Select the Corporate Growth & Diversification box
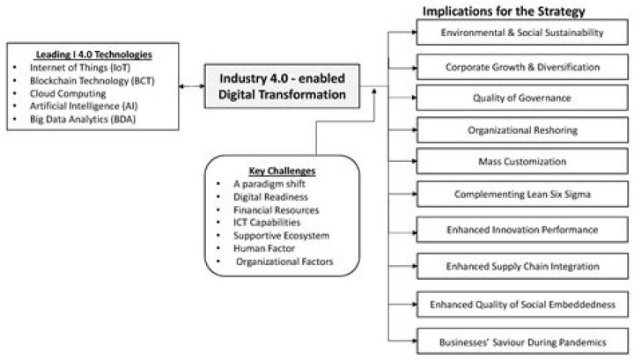522,66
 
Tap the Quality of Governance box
522,98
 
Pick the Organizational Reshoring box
522,130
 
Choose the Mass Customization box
522,162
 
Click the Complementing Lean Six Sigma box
522,194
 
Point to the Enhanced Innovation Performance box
522,230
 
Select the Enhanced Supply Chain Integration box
522,266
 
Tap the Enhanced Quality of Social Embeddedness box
522,305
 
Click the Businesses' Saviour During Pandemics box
522,340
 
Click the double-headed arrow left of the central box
190,86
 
